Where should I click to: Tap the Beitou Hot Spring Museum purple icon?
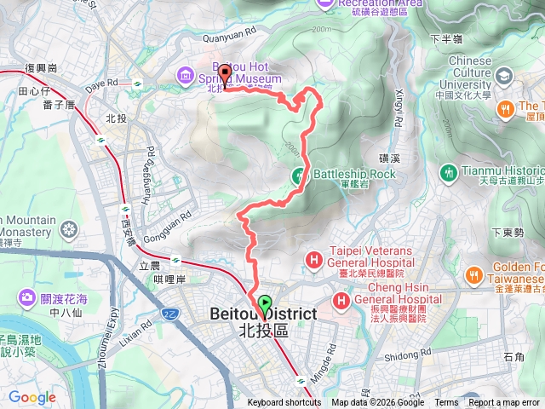(184, 78)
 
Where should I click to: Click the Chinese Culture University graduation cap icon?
(502, 77)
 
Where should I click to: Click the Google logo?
(32, 397)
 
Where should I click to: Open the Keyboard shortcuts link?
(284, 403)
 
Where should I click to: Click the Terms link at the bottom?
(446, 403)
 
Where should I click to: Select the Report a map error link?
(503, 403)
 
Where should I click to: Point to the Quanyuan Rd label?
(229, 38)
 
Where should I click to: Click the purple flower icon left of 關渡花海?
(26, 298)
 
